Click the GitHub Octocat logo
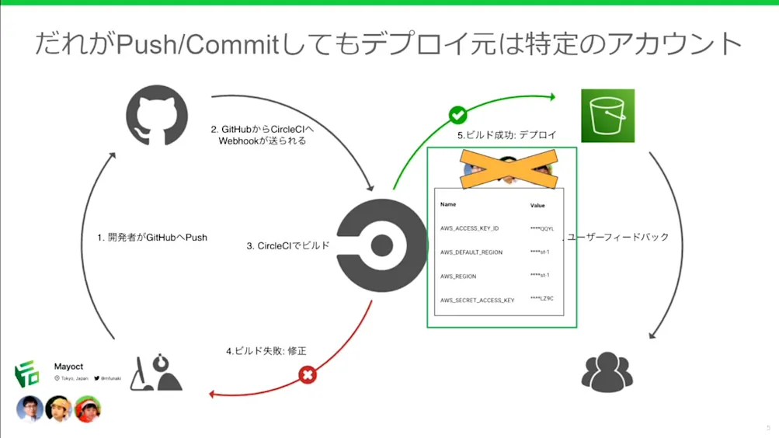[x=157, y=116]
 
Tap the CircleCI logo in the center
[x=381, y=245]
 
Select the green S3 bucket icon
[x=607, y=116]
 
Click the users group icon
[x=607, y=371]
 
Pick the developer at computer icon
[x=156, y=373]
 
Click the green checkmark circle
[x=458, y=115]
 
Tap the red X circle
[x=308, y=375]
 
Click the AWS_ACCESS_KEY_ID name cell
[x=469, y=229]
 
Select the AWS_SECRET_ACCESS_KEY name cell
[x=477, y=301]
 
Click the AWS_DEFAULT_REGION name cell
[x=471, y=252]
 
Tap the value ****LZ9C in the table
[x=541, y=299]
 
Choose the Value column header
[x=537, y=206]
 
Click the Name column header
[x=448, y=205]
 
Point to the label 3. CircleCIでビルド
[x=288, y=246]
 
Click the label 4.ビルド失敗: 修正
[x=266, y=351]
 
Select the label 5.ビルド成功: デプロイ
[x=506, y=135]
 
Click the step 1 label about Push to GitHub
[x=152, y=238]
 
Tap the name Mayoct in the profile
[x=68, y=366]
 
